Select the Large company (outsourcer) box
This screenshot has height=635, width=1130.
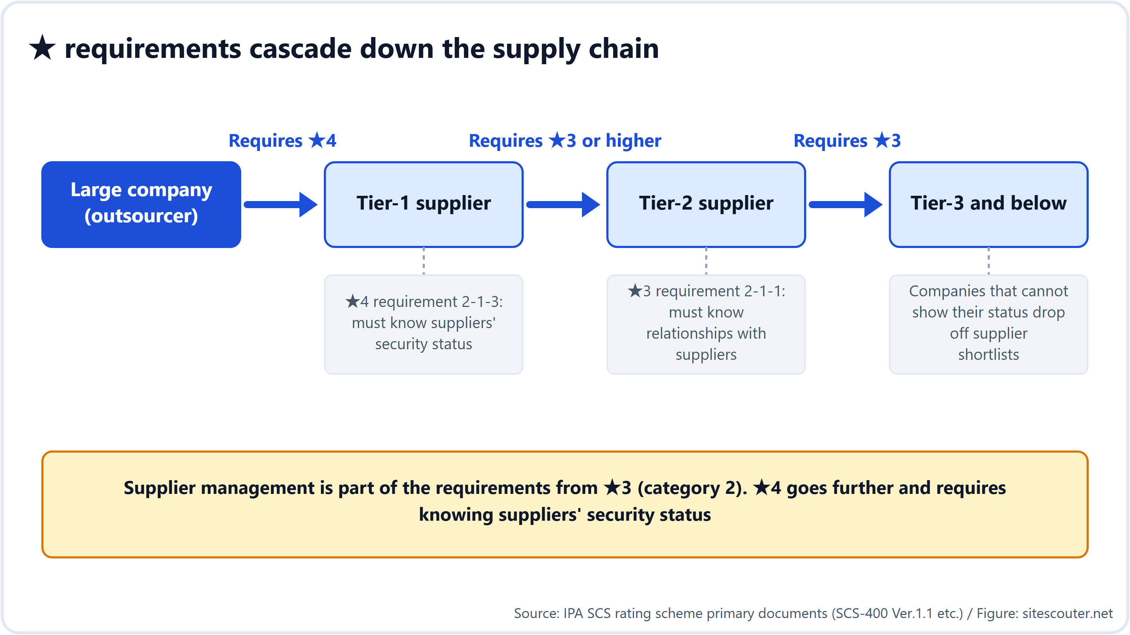tap(141, 204)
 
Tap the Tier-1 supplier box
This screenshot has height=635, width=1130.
tap(424, 204)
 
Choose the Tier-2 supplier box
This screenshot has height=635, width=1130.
tap(706, 204)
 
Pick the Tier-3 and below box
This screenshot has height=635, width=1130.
tap(989, 204)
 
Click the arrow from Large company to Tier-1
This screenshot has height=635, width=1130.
tap(281, 204)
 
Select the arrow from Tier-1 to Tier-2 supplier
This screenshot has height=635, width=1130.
tap(563, 204)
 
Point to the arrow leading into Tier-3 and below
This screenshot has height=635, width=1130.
tap(846, 204)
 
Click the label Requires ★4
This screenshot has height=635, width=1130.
tap(282, 141)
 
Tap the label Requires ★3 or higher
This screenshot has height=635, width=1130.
tap(565, 141)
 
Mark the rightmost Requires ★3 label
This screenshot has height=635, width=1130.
tap(847, 141)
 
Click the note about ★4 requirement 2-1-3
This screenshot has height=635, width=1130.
tap(424, 324)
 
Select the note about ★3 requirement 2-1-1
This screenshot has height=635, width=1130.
tap(706, 324)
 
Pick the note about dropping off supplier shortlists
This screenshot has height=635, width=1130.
tap(989, 324)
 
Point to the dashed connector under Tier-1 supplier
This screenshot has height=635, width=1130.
tap(424, 261)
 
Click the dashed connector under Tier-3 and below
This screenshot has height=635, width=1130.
tap(989, 261)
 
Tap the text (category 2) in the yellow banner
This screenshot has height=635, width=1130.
tap(692, 488)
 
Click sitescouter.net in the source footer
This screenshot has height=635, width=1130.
tap(1068, 613)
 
